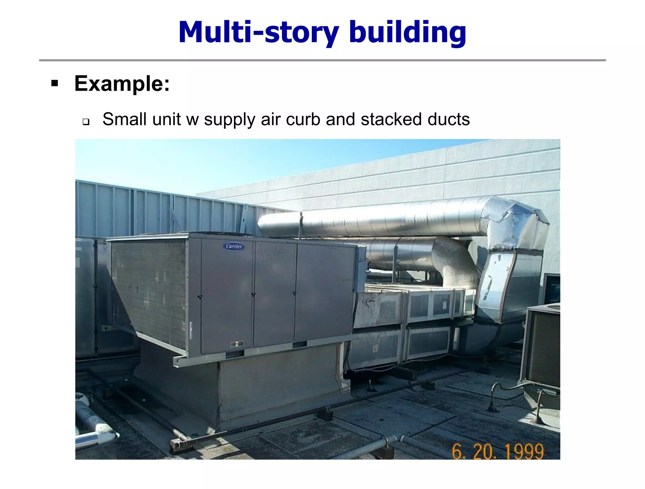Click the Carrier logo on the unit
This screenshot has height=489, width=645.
point(234,246)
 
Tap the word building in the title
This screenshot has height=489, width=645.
point(408,32)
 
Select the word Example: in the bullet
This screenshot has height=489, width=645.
point(122,84)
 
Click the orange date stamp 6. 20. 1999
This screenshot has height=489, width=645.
point(498,451)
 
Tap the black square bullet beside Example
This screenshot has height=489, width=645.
point(55,83)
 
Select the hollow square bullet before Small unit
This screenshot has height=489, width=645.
point(86,122)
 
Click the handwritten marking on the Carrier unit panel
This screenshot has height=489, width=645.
point(271,251)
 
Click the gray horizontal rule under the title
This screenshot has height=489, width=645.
point(322,60)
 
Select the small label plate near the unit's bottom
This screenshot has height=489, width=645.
point(236,344)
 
